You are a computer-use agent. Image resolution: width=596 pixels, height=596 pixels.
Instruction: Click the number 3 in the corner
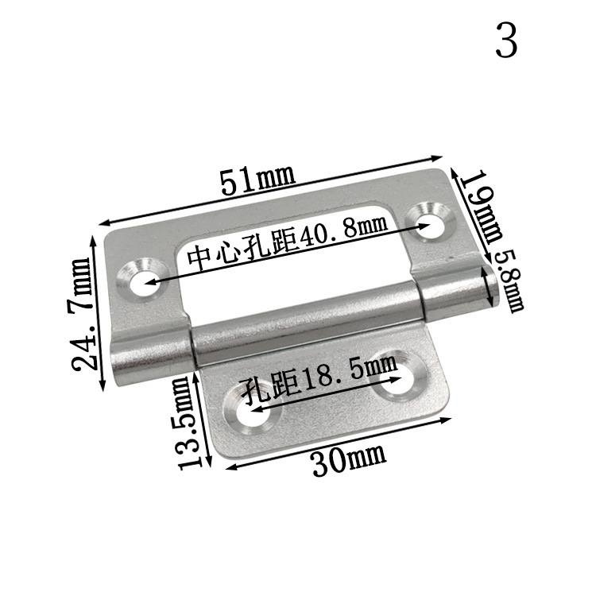pyautogui.click(x=506, y=41)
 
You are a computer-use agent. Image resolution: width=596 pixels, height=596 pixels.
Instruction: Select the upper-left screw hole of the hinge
pyautogui.click(x=141, y=284)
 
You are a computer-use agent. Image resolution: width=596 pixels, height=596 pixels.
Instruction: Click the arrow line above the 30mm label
pyautogui.click(x=338, y=443)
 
